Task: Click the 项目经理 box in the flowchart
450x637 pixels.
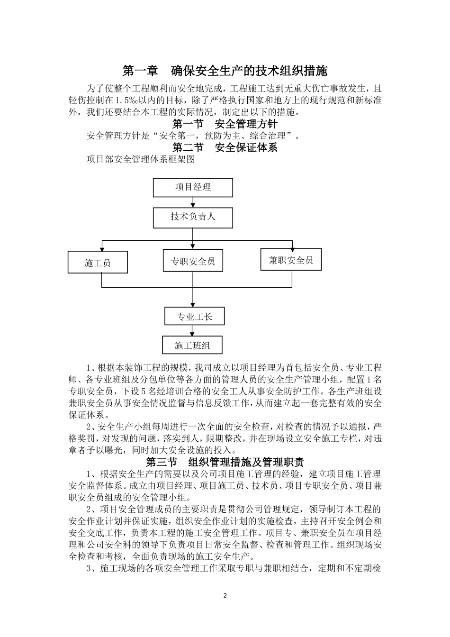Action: [193, 187]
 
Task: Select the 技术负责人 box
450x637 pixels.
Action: [193, 217]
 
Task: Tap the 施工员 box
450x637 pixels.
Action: [98, 262]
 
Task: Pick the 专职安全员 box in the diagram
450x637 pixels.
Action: [192, 261]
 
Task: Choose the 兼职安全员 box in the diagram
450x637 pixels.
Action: [291, 259]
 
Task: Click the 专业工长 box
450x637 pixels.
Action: [194, 317]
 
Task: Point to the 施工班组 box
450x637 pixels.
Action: [192, 346]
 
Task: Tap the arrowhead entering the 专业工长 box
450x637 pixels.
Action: [192, 305]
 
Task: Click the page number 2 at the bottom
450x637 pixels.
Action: [225, 595]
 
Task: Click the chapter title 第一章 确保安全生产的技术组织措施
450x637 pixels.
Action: [225, 71]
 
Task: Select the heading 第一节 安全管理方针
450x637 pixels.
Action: [225, 124]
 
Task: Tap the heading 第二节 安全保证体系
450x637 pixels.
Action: [225, 147]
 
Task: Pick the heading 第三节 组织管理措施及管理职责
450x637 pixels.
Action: [225, 462]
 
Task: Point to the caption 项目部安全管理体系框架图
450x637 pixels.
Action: [141, 160]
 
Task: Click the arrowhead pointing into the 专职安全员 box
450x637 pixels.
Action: [192, 247]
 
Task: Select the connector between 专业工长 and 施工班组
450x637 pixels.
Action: [192, 330]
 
